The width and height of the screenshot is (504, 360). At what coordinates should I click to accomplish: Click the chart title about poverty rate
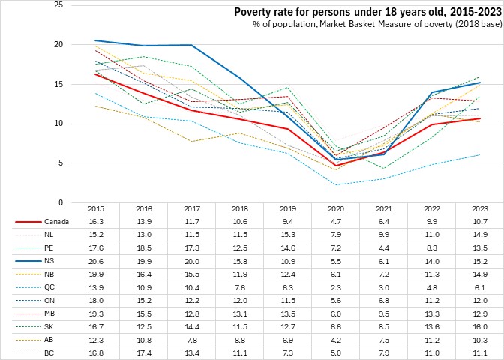pos(366,12)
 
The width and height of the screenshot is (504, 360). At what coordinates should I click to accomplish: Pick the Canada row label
pos(56,222)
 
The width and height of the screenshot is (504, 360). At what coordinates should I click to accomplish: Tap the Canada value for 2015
pos(95,222)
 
